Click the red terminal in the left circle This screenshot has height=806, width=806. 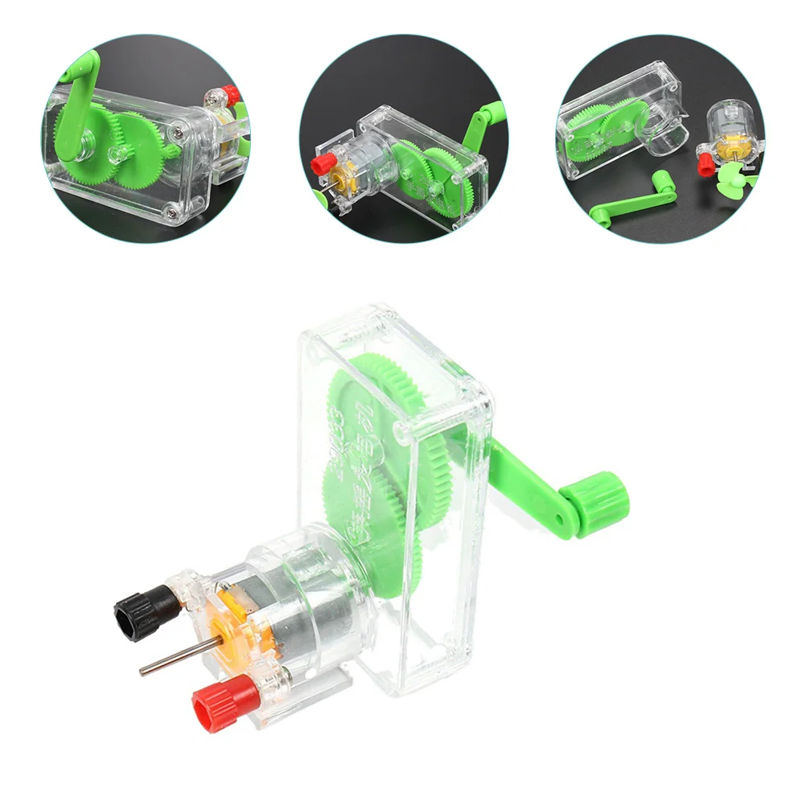(231, 96)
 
